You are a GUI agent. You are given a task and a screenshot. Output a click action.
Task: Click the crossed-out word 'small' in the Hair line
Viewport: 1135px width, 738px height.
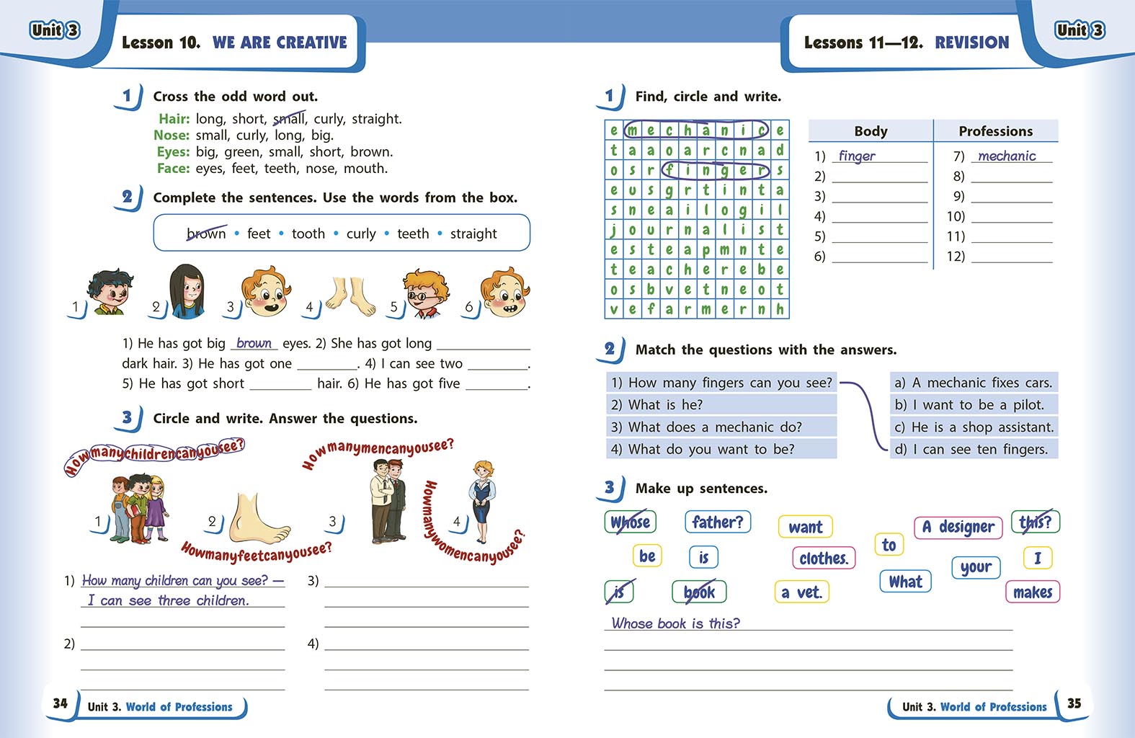point(290,119)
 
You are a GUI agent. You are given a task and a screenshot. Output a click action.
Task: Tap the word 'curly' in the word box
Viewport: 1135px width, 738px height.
point(361,234)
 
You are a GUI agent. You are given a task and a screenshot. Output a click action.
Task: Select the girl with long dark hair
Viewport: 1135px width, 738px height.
point(186,291)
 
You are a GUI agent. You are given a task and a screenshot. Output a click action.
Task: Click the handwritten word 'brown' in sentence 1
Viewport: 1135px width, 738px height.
point(254,344)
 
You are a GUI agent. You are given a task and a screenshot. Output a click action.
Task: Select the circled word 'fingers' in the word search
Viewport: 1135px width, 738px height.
point(716,170)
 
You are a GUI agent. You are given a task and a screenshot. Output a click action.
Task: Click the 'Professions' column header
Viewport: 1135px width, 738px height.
point(995,131)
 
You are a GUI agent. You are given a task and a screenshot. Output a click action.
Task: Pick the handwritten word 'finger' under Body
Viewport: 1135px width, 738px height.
point(857,156)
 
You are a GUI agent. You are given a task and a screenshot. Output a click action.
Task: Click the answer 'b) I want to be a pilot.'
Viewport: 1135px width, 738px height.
point(973,405)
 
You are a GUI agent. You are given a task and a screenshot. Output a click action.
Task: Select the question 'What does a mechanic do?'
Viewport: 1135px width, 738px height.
point(715,427)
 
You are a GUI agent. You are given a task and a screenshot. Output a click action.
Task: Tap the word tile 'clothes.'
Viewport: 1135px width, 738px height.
point(824,558)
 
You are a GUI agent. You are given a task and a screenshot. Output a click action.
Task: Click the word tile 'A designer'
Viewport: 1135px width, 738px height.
point(958,527)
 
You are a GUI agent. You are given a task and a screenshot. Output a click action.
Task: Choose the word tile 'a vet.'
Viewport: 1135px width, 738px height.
point(801,592)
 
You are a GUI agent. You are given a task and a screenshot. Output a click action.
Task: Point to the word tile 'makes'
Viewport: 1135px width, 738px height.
point(1032,592)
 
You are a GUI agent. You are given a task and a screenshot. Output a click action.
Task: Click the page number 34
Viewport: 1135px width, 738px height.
point(61,703)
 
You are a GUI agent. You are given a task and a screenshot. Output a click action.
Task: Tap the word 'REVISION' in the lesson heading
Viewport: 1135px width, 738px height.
point(971,43)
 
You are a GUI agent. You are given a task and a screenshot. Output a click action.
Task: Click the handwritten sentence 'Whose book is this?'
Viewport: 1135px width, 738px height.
point(675,623)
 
